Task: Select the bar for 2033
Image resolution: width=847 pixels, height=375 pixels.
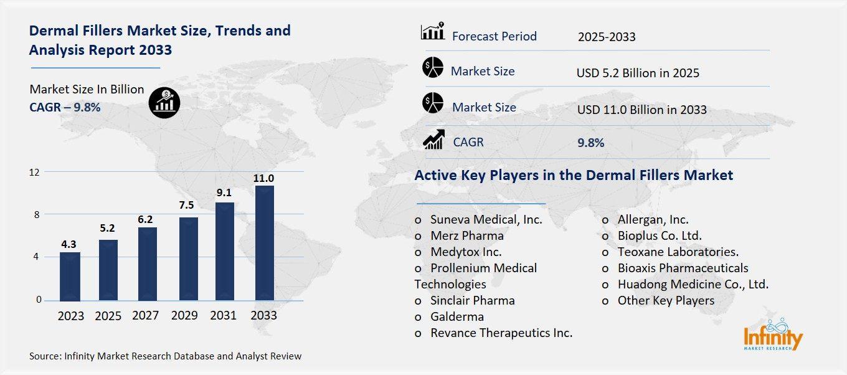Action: (x=264, y=243)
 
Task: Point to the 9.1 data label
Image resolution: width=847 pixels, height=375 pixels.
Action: (x=225, y=192)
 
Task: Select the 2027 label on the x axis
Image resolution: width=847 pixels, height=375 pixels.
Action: (x=145, y=315)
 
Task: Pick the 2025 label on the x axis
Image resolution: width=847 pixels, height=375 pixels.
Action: (x=108, y=315)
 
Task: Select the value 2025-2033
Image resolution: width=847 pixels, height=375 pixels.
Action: (x=607, y=37)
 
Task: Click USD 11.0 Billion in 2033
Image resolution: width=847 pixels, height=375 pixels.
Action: (x=641, y=110)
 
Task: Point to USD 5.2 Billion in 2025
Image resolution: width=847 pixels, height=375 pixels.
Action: (x=638, y=73)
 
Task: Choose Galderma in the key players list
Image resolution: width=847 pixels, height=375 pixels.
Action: (x=457, y=316)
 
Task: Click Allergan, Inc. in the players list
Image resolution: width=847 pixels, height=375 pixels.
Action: (x=653, y=219)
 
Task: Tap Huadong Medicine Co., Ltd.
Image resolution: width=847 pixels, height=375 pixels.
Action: (x=693, y=284)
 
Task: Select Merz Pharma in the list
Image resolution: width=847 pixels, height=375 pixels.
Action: (x=466, y=235)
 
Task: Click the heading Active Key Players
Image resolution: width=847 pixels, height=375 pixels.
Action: (x=574, y=175)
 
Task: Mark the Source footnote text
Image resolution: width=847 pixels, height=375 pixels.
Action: (x=165, y=356)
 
